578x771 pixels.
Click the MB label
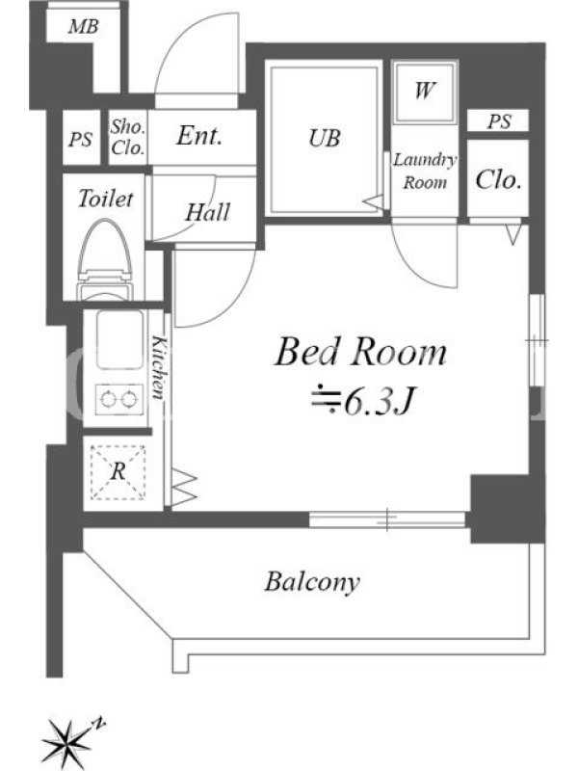click(84, 26)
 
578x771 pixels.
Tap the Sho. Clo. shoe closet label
click(127, 137)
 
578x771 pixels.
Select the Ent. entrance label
click(199, 135)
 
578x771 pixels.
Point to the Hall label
click(207, 212)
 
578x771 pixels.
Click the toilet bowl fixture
click(105, 260)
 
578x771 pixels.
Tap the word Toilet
click(106, 199)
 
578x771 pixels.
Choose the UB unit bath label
click(325, 138)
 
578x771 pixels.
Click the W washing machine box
click(425, 92)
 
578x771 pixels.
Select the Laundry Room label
click(425, 171)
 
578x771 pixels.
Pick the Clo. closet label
click(498, 180)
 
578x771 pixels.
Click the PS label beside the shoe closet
click(80, 139)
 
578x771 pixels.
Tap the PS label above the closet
click(499, 121)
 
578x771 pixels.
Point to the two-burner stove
click(117, 398)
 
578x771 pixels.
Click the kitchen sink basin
click(119, 340)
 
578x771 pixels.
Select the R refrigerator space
click(118, 472)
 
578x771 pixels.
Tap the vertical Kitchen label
click(158, 367)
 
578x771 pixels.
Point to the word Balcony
click(312, 582)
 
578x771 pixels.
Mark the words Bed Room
click(360, 352)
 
